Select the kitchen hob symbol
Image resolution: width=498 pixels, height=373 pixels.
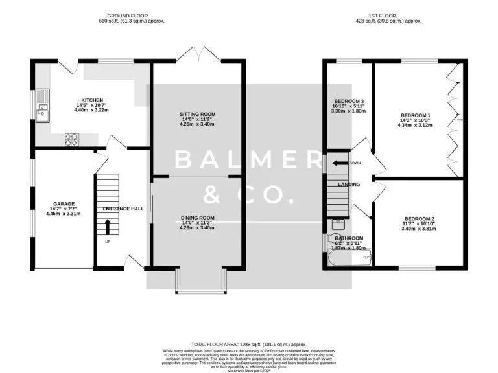coord(71,138)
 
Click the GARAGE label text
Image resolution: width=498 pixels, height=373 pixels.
coord(64,204)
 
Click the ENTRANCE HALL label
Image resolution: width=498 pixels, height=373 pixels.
coord(123,209)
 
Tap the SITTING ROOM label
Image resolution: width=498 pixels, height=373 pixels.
coord(197,115)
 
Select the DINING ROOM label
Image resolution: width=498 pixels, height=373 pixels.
coord(197,218)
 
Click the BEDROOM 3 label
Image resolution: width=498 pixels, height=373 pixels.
coord(349,101)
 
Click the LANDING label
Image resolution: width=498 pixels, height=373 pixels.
coord(349,184)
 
